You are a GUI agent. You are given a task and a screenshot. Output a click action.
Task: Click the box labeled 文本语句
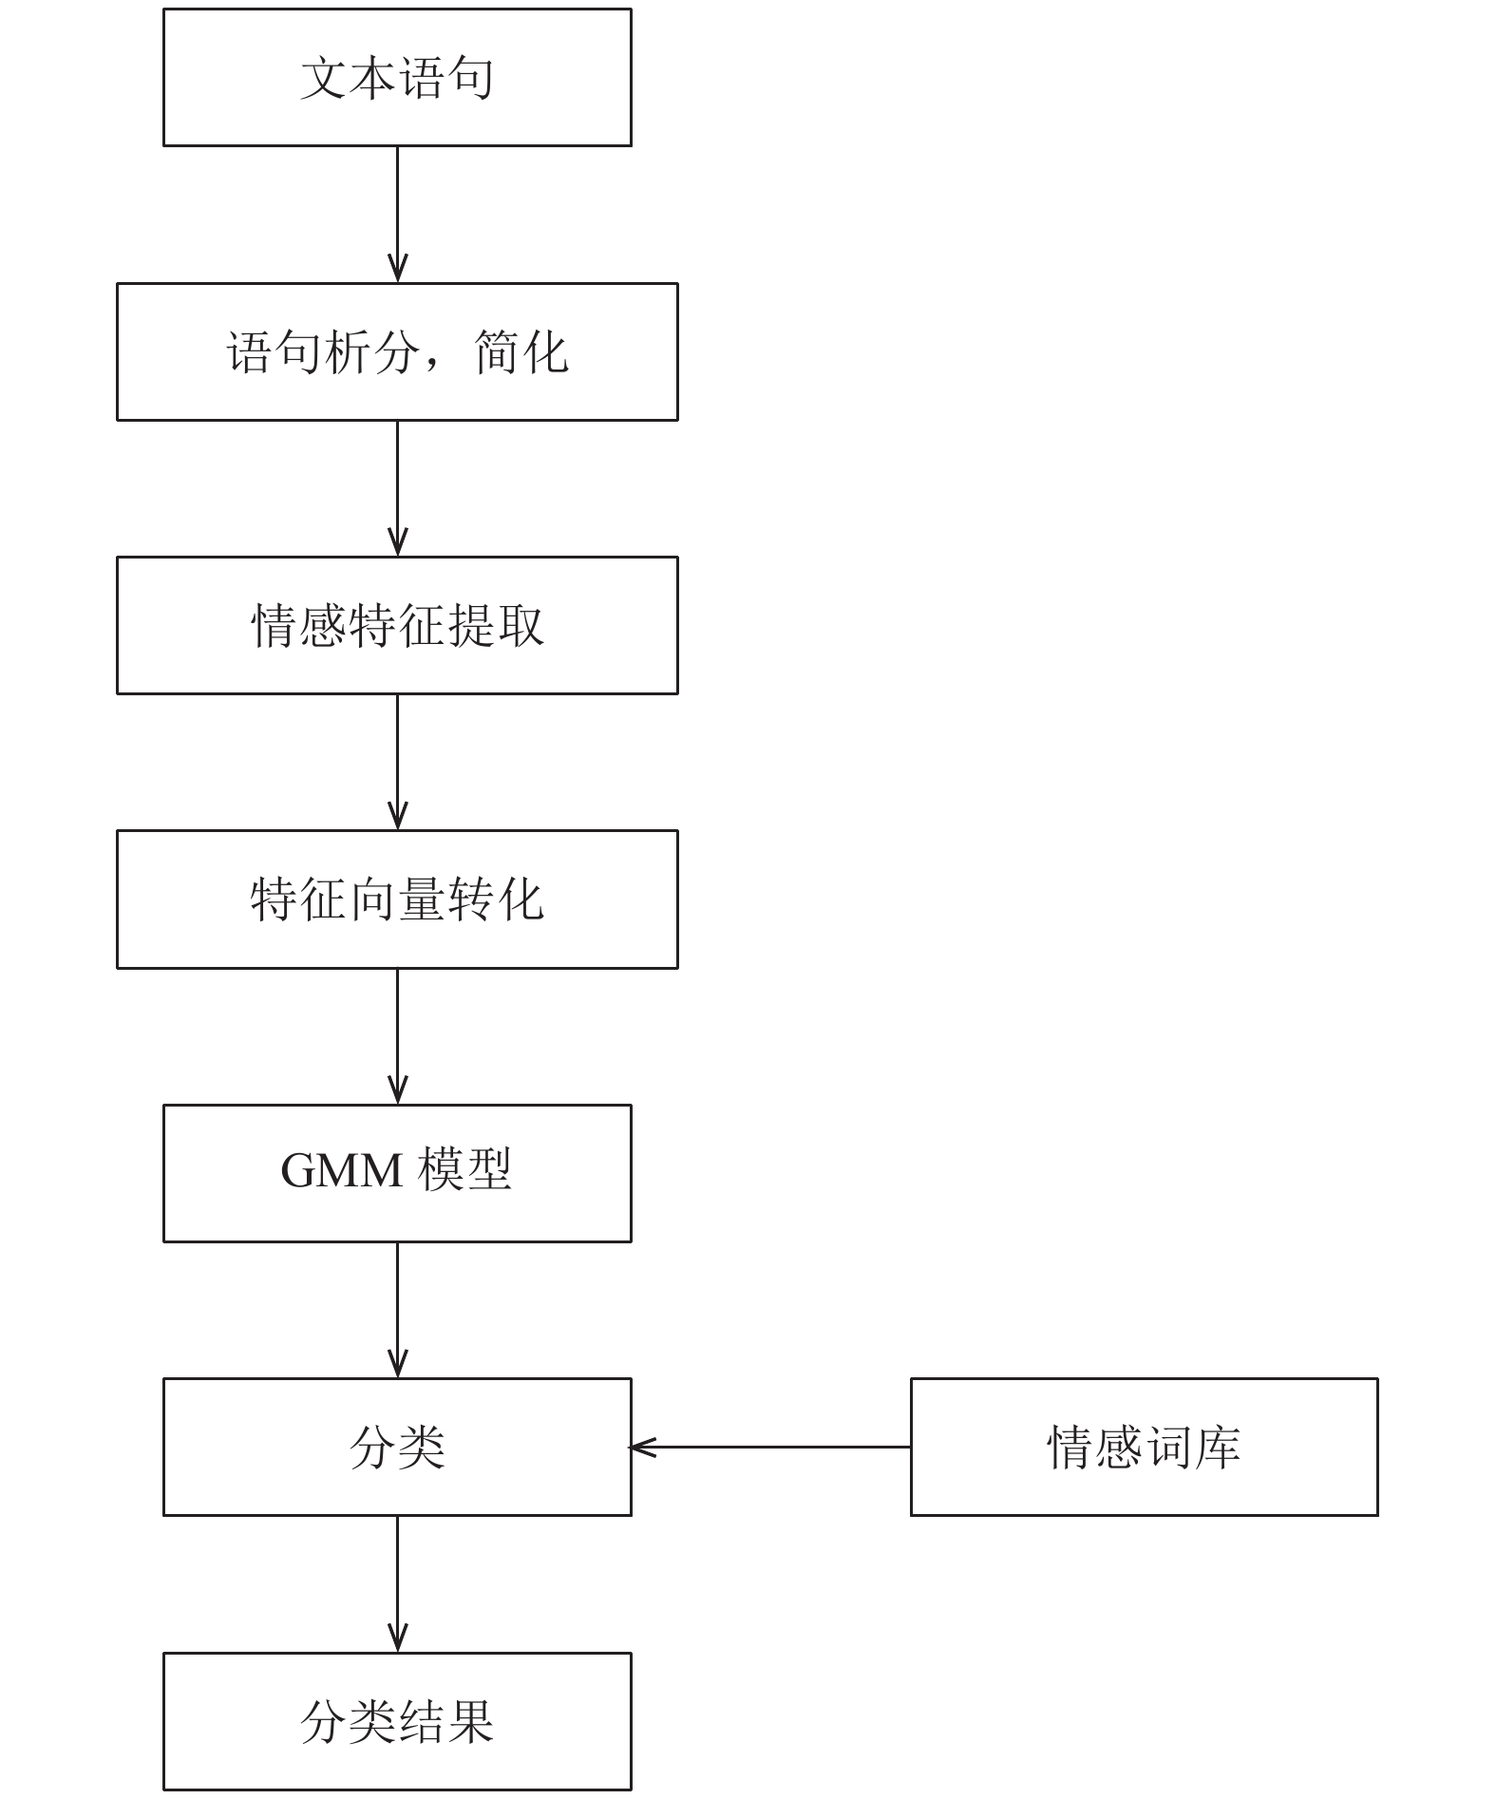397,78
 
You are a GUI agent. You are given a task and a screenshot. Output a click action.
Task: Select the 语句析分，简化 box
397,351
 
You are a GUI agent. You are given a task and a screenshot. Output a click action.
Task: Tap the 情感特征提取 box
397,625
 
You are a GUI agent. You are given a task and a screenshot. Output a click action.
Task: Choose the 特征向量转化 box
397,899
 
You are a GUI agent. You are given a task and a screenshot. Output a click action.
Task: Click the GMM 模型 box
397,1173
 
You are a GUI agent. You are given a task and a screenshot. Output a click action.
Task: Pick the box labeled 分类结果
397,1721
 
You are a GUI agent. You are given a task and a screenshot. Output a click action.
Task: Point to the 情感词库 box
1144,1447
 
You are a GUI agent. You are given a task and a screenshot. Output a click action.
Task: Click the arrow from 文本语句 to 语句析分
397,215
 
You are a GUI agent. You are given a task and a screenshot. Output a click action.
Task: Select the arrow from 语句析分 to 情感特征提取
397,488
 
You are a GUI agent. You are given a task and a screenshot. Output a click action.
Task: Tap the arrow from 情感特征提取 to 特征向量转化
397,762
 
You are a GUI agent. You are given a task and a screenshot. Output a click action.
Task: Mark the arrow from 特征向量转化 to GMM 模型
397,1036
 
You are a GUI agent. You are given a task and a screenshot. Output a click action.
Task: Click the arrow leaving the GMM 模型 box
397,1310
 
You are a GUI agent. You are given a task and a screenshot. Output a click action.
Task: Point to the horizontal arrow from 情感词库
770,1447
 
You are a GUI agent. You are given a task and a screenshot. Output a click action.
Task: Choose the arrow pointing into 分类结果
397,1583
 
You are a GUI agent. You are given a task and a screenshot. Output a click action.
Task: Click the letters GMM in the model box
342,1170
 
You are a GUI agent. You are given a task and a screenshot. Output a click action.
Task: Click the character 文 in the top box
324,78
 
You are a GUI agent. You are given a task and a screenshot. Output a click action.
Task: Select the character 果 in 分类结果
470,1721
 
